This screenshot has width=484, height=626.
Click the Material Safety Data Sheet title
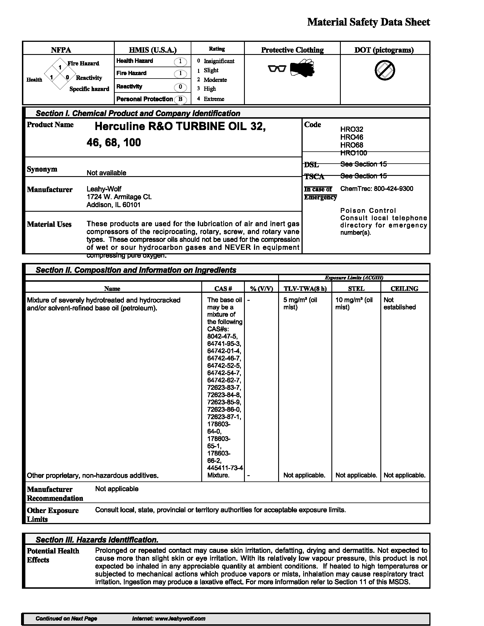pyautogui.click(x=368, y=22)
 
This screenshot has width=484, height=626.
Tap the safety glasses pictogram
pyautogui.click(x=277, y=69)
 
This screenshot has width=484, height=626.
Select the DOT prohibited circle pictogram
pyautogui.click(x=385, y=70)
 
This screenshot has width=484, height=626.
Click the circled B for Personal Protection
pyautogui.click(x=180, y=99)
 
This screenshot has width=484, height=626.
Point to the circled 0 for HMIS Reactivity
pyautogui.click(x=180, y=87)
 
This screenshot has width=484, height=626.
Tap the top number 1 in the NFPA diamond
pyautogui.click(x=60, y=67)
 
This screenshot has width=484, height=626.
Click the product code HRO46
pyautogui.click(x=352, y=137)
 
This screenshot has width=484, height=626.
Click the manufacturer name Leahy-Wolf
pyautogui.click(x=104, y=189)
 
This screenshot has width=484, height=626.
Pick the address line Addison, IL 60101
pyautogui.click(x=113, y=205)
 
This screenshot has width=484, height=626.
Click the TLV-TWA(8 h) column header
pyautogui.click(x=305, y=289)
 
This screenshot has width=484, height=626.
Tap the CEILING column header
pyautogui.click(x=404, y=289)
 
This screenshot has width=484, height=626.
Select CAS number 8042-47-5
pyautogui.click(x=222, y=336)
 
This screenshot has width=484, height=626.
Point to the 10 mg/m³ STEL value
pyautogui.click(x=354, y=300)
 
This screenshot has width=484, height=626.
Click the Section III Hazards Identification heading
pyautogui.click(x=97, y=540)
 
